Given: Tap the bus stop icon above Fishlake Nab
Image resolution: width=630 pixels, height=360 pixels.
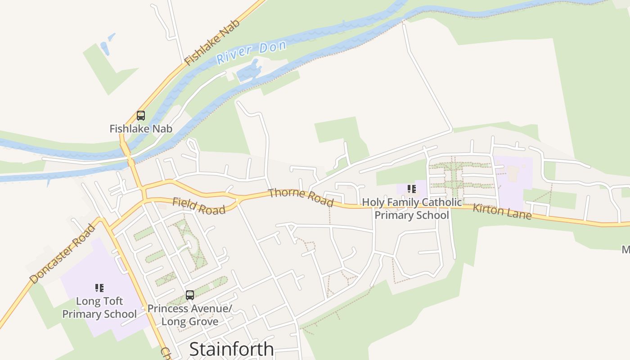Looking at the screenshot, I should pyautogui.click(x=141, y=116).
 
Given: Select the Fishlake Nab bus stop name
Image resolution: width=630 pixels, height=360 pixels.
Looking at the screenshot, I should pyautogui.click(x=141, y=129).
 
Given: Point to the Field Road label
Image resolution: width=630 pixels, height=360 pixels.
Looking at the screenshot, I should pyautogui.click(x=198, y=206).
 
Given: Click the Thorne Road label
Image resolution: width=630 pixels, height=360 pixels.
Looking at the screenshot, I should pyautogui.click(x=301, y=198).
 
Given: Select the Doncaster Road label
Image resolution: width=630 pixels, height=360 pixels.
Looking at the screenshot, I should pyautogui.click(x=63, y=254).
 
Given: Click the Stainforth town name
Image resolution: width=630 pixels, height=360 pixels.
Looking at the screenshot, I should pyautogui.click(x=231, y=349).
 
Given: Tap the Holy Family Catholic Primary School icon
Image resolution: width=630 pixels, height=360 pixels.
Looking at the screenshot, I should pyautogui.click(x=411, y=189).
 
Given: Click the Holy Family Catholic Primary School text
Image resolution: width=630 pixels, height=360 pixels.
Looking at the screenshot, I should pyautogui.click(x=412, y=209).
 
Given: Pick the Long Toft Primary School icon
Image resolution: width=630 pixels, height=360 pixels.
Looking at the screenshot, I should pyautogui.click(x=99, y=288).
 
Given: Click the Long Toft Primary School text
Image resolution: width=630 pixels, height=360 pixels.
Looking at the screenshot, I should pyautogui.click(x=99, y=307).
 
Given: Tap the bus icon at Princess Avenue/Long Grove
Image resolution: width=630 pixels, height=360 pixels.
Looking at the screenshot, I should pyautogui.click(x=190, y=295).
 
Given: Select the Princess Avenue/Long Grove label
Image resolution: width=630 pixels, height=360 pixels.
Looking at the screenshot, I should pyautogui.click(x=190, y=315).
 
